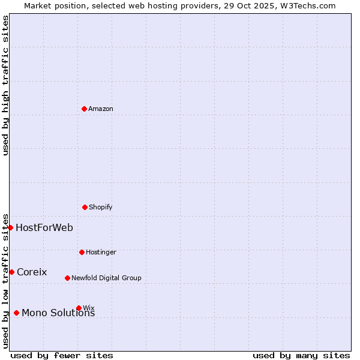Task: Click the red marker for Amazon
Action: point(84,109)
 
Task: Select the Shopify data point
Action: point(85,207)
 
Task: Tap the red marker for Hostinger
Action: point(82,252)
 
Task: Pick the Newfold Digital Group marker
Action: point(67,278)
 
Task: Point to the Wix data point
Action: point(79,308)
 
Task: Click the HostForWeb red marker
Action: point(10,227)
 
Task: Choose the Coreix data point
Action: point(11,272)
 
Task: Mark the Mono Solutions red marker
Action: point(16,313)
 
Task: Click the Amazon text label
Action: point(101,109)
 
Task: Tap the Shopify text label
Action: point(101,208)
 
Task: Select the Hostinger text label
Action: point(101,253)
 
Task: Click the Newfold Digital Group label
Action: point(106,278)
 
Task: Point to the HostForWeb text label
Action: point(44,228)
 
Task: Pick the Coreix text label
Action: point(32,272)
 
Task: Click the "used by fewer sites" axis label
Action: point(62,355)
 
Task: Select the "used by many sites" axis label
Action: point(301,355)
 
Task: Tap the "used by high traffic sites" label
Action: point(6,85)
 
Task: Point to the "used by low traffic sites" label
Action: point(6,281)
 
